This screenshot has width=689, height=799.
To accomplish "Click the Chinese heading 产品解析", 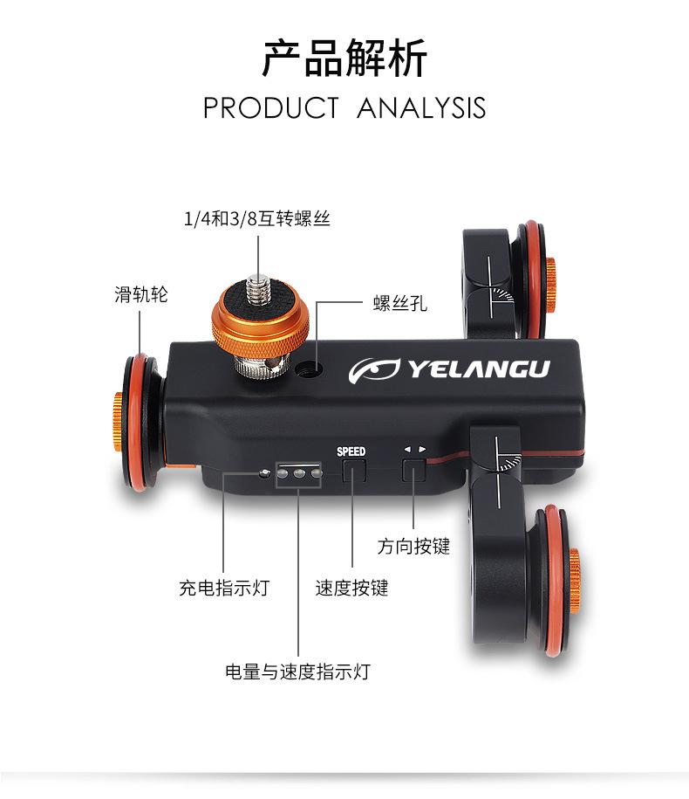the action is (344, 59).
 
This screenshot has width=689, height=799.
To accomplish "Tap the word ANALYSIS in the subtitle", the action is (421, 108).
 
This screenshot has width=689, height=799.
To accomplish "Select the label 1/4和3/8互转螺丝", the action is (257, 218).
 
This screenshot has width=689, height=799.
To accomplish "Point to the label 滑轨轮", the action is (140, 294).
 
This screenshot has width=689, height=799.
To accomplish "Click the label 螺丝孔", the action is (400, 304).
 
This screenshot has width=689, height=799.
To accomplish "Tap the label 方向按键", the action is (413, 547).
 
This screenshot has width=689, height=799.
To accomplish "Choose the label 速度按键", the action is (351, 588).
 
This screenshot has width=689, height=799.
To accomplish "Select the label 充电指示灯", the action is (224, 588).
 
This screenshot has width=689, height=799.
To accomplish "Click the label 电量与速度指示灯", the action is (297, 672).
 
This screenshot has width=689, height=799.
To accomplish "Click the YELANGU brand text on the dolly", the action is (479, 369).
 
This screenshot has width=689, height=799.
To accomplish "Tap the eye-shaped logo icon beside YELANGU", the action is (374, 370).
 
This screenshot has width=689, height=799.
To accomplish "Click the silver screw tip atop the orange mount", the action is (258, 285).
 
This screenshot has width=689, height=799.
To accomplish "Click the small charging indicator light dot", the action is (264, 474).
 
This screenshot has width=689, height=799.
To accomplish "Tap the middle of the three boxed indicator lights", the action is (299, 474).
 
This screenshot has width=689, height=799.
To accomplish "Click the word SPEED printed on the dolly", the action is (351, 451).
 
